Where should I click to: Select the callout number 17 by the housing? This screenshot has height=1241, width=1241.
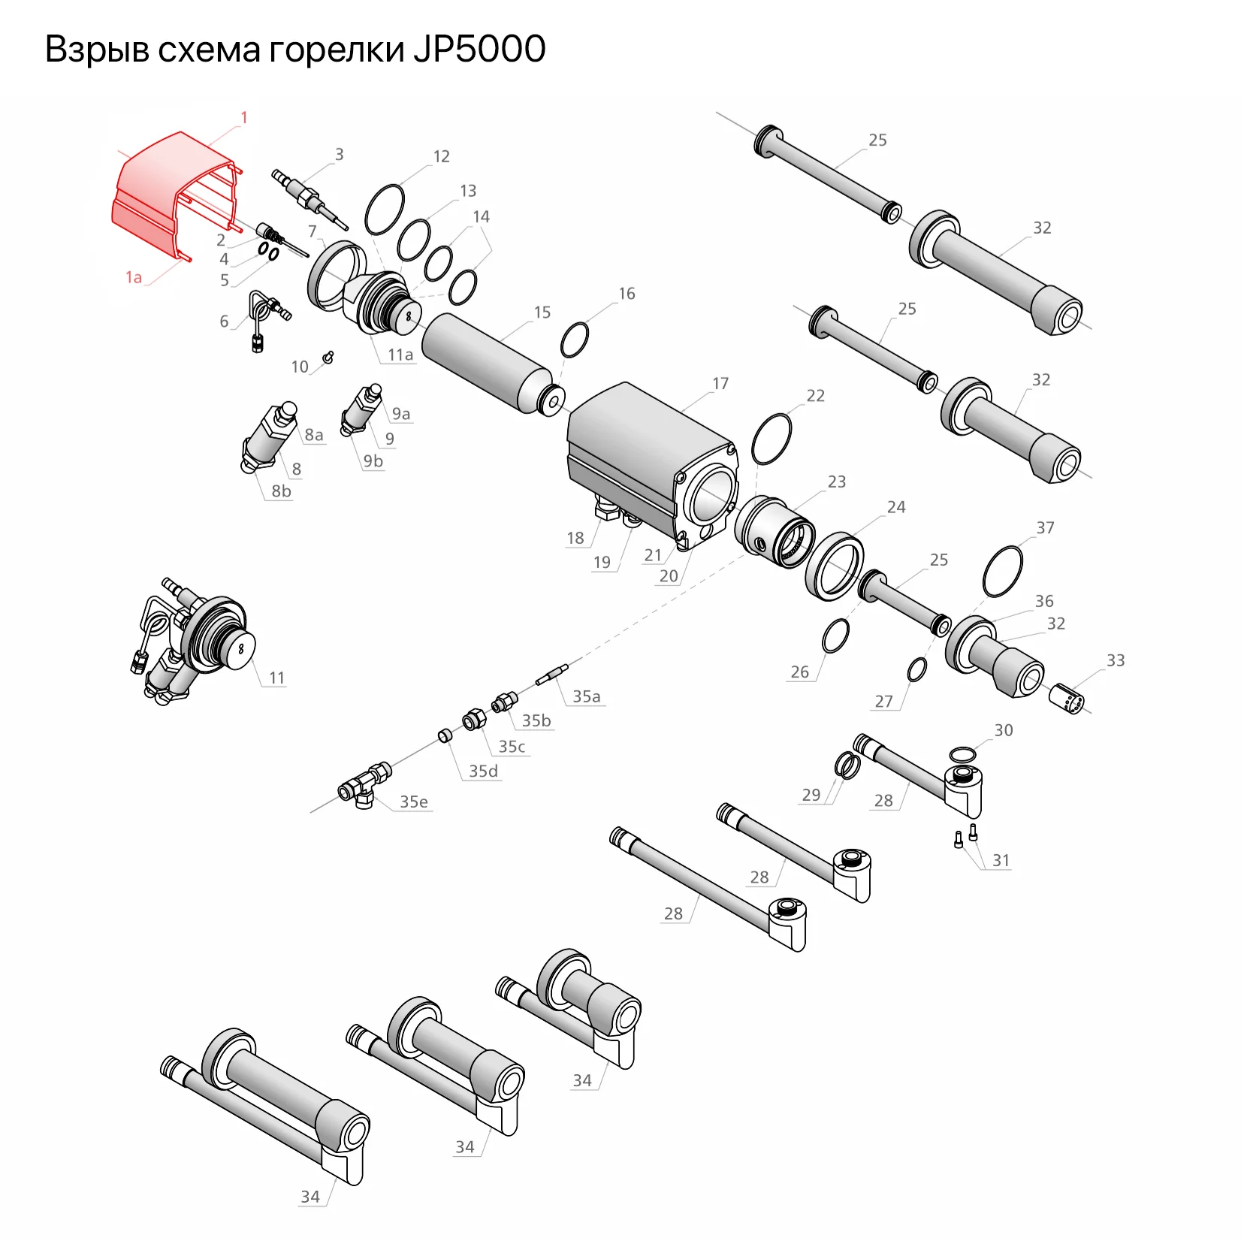coord(720,384)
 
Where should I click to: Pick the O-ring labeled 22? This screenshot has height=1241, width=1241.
coord(771,439)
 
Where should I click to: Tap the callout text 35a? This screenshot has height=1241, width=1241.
coord(587,696)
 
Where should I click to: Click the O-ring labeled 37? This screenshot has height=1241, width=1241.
coord(1002,572)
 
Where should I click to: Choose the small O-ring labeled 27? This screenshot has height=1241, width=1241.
coord(916,669)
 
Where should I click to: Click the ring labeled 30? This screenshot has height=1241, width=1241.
coord(962,753)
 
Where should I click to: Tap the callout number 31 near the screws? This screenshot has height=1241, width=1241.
coord(1001,860)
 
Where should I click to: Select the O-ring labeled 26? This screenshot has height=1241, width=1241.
coord(835,636)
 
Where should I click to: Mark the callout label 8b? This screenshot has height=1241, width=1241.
coord(281,491)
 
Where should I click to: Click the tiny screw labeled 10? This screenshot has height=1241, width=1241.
coord(328,357)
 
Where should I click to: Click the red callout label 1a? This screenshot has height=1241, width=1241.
coord(134,278)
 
